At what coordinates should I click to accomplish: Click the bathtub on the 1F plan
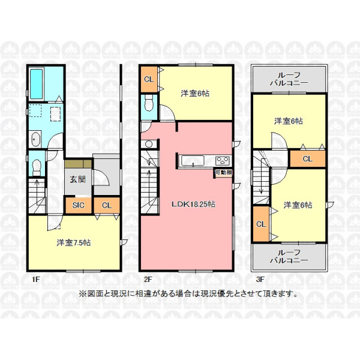(36, 84)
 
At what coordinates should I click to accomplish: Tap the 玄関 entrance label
(78, 179)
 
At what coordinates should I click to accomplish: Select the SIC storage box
(79, 205)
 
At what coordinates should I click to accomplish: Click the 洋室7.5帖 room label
(74, 242)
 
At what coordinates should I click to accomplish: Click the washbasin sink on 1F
(35, 139)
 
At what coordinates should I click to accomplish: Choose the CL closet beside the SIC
(107, 205)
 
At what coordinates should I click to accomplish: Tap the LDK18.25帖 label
(193, 204)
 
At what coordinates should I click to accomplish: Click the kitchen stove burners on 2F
(223, 160)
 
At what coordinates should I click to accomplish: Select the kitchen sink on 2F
(193, 160)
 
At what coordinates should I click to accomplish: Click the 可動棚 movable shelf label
(223, 173)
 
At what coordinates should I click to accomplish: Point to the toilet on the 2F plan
(149, 103)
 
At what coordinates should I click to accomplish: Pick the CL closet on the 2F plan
(149, 79)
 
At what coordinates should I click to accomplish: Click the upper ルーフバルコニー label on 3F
(289, 79)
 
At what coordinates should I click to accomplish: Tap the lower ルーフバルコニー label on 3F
(289, 256)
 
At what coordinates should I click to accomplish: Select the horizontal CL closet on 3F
(308, 159)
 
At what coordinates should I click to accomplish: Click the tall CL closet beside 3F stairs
(261, 224)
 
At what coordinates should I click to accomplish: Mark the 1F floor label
(36, 280)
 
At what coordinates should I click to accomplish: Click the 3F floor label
(260, 280)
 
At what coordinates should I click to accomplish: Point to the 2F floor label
(148, 280)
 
